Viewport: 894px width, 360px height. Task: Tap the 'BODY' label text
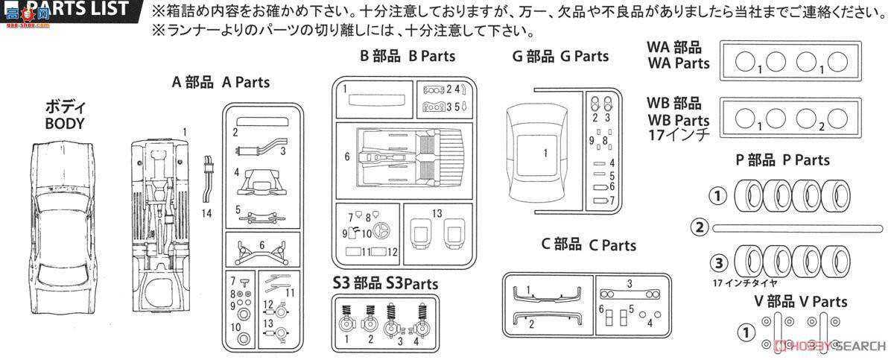[x=65, y=124]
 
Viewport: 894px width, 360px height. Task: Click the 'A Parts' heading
[x=221, y=83]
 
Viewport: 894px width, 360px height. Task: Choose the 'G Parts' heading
[x=560, y=57]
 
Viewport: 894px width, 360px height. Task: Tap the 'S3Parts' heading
[x=386, y=283]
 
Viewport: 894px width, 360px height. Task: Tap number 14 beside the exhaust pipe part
[x=206, y=213]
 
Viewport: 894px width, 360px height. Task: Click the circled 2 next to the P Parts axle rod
[x=698, y=227]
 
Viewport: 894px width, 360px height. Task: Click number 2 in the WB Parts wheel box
[x=820, y=127]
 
